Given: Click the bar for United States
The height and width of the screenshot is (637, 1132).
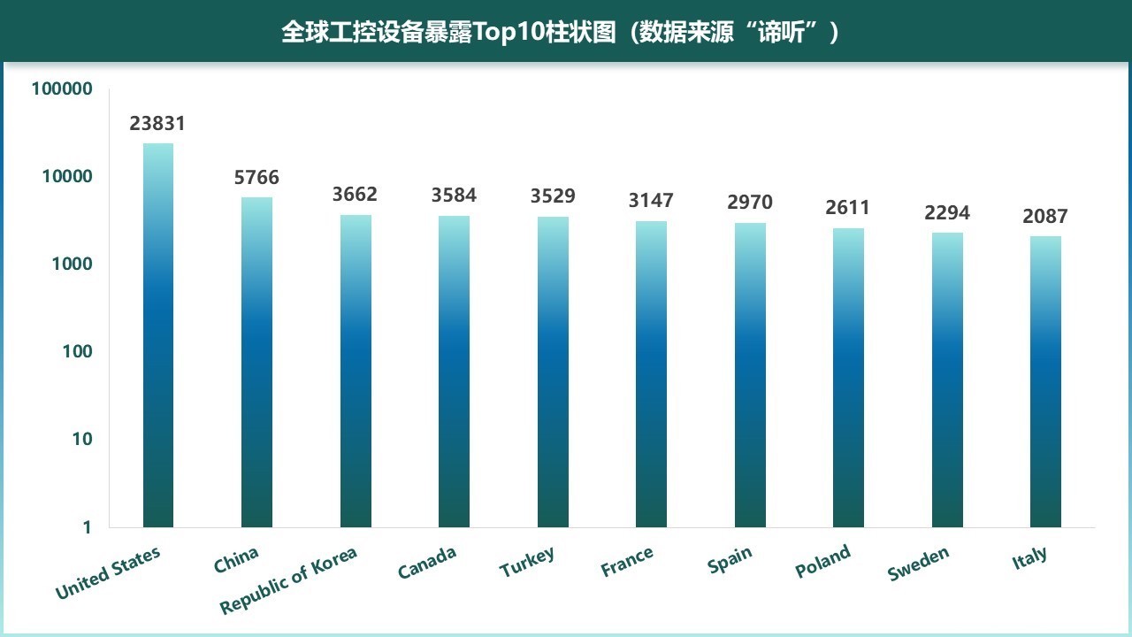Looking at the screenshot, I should (x=158, y=336).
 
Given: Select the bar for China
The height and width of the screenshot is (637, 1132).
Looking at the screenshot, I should (x=256, y=363).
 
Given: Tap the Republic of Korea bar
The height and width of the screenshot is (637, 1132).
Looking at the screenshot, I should (x=356, y=372).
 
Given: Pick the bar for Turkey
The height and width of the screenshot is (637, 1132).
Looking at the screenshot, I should (x=553, y=372).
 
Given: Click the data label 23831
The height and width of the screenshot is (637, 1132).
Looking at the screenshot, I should (x=157, y=124).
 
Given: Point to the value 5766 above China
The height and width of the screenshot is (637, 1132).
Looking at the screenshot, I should (x=256, y=178).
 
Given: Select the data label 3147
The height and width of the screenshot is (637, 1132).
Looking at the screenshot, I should (x=651, y=201).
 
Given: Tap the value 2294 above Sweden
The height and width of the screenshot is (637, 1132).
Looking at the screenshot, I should (x=947, y=213).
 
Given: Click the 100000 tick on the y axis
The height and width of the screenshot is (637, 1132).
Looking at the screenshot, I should (x=62, y=88).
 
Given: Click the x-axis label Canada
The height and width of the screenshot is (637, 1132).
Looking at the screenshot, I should (x=427, y=563).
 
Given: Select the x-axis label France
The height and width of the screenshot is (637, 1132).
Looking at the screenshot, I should (x=627, y=562).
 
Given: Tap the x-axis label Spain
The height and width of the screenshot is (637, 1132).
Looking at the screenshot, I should (x=730, y=560).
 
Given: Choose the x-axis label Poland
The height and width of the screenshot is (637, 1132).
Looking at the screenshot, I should (x=822, y=561).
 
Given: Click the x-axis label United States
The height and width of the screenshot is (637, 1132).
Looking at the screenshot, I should (x=108, y=573).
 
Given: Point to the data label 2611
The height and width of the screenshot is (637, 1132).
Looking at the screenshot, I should (x=848, y=208).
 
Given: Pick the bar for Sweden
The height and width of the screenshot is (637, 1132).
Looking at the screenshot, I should (x=947, y=380).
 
